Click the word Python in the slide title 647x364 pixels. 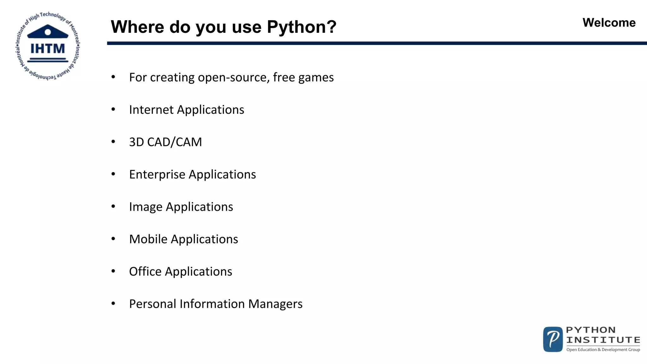[x=296, y=27]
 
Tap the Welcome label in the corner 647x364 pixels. [x=609, y=23]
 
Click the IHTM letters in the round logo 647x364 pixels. [x=47, y=49]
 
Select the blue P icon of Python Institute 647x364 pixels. [x=553, y=339]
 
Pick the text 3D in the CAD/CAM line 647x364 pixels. [x=136, y=142]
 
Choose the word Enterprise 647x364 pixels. [x=157, y=175]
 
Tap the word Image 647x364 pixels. [x=145, y=207]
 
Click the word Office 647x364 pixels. [x=145, y=272]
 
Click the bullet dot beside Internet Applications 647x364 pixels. [x=113, y=109]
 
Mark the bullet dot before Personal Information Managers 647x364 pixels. [x=113, y=304]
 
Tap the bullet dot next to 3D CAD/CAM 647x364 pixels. [x=113, y=142]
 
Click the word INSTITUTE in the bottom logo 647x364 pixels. [x=603, y=340]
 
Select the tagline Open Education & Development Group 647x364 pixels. [x=603, y=349]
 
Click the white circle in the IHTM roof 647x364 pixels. [x=48, y=32]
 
